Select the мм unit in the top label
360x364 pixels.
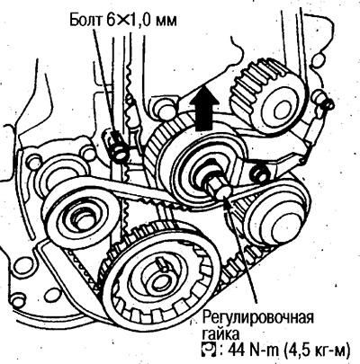[166, 22]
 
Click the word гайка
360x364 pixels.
[220, 333]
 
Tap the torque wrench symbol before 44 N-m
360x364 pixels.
[209, 349]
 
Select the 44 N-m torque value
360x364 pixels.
[251, 350]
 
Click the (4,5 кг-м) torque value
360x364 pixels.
[316, 350]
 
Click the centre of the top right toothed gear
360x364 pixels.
[280, 107]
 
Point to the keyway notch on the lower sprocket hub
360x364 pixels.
[161, 262]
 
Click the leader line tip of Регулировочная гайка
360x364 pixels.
[226, 200]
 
